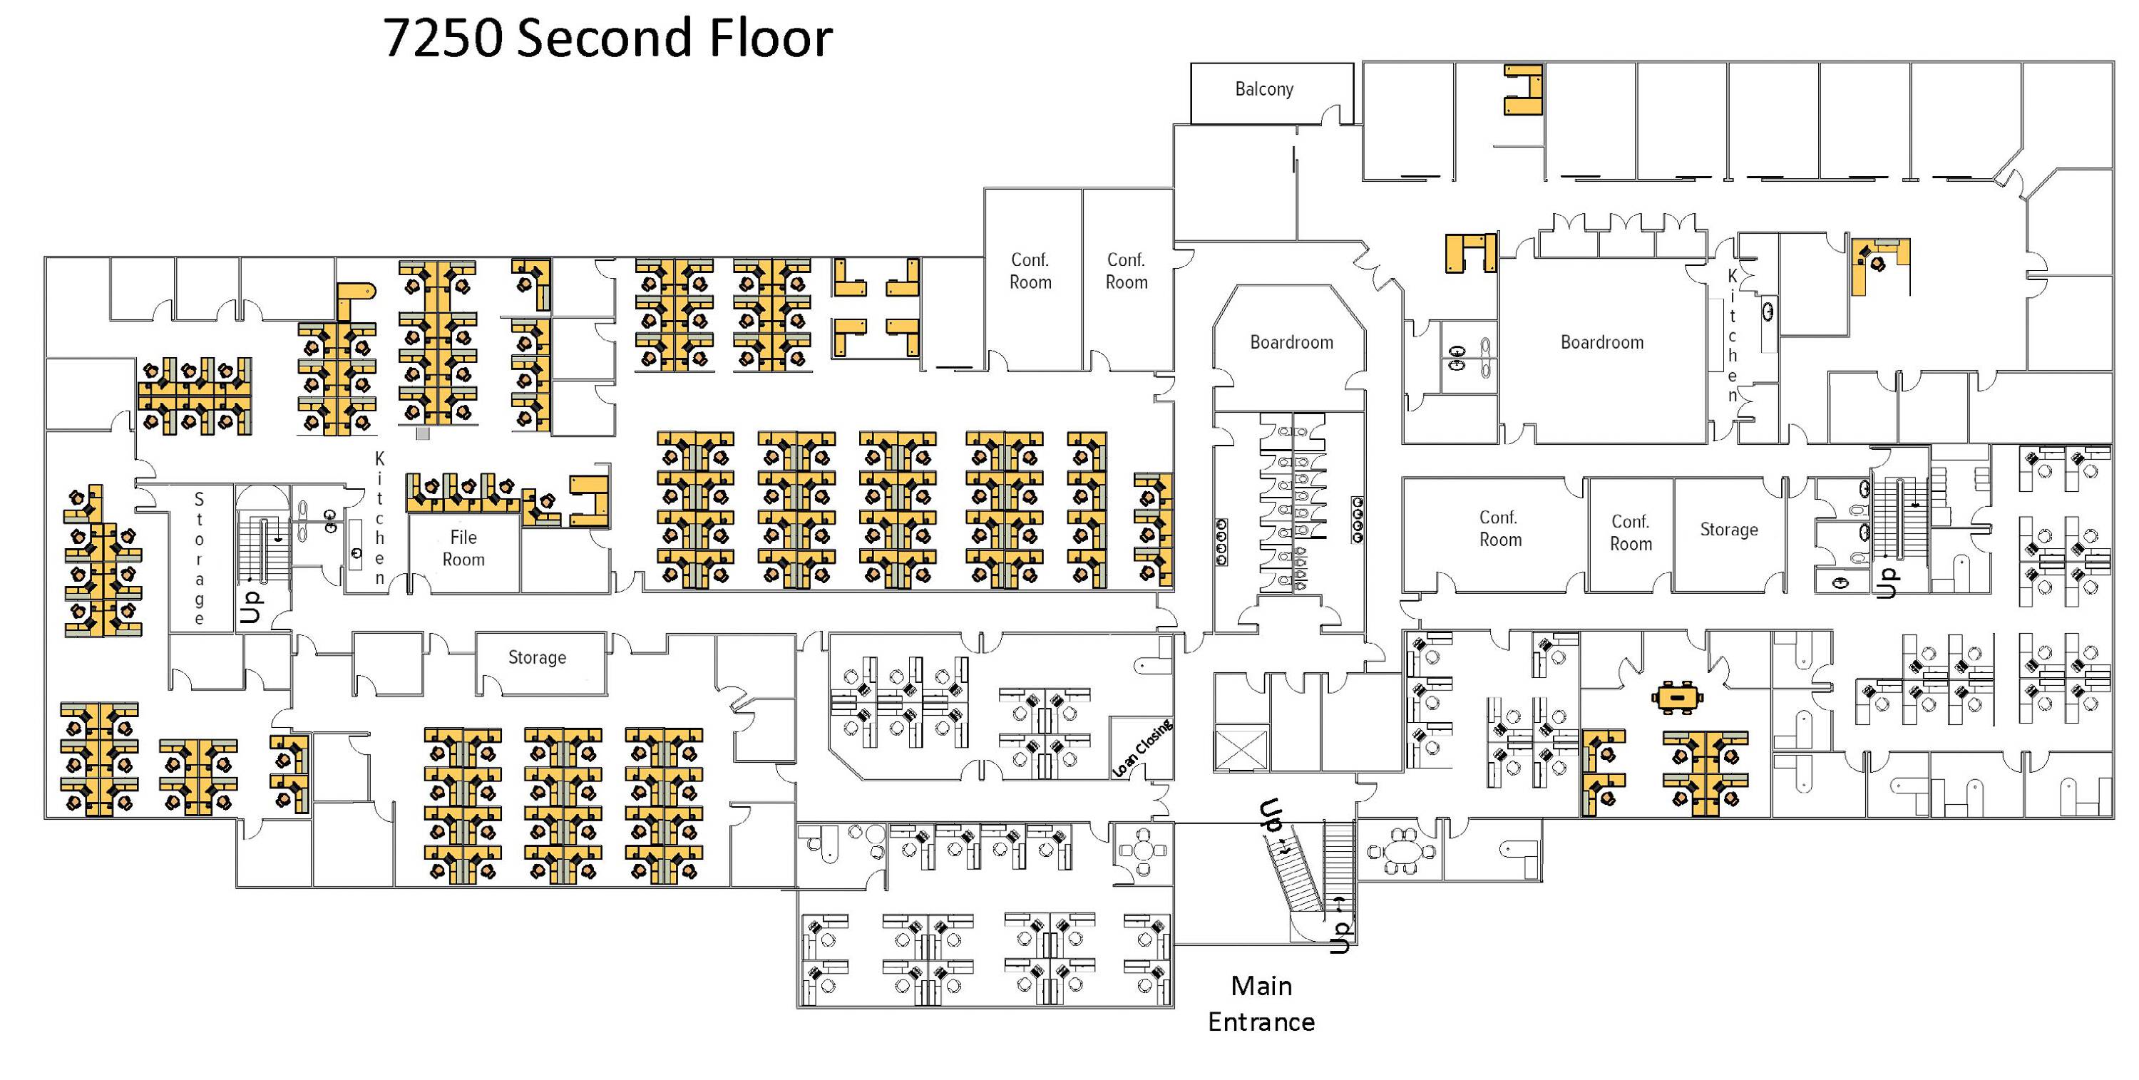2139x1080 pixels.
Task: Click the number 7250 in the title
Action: coord(442,38)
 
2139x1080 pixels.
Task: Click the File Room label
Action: coord(463,548)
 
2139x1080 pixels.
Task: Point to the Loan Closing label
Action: coord(1142,748)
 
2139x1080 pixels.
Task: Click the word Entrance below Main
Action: coord(1261,1021)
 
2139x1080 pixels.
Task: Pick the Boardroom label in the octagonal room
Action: coord(1291,342)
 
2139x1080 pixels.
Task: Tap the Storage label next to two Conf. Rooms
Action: coord(1728,530)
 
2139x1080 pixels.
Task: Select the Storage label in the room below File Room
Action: coord(536,657)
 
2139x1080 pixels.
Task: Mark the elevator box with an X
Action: coord(1241,748)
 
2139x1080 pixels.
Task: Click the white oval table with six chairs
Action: coord(1402,852)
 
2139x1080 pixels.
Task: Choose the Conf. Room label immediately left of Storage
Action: coord(1630,532)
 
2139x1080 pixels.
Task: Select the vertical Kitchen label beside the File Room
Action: coord(379,518)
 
